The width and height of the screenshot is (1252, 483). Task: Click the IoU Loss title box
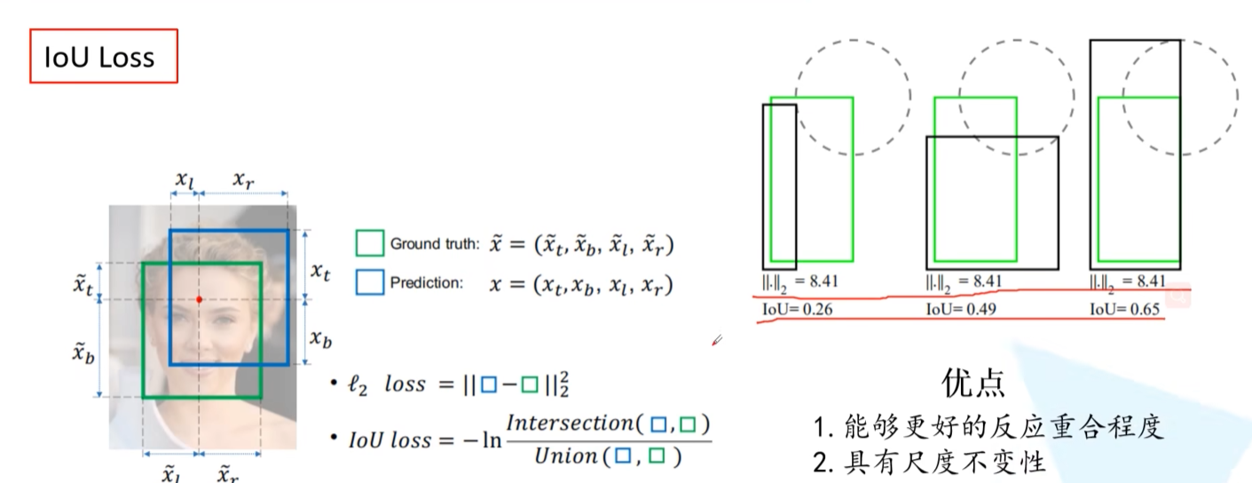click(x=104, y=57)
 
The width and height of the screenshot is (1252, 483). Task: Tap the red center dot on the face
click(x=199, y=299)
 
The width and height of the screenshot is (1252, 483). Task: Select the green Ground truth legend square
click(x=369, y=243)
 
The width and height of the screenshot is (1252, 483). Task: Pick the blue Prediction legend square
click(x=369, y=282)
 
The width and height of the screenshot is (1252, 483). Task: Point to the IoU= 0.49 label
click(x=964, y=310)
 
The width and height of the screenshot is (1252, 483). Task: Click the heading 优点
click(x=973, y=383)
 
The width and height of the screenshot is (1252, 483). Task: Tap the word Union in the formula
click(x=565, y=456)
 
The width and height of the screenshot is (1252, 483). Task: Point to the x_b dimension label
click(x=319, y=337)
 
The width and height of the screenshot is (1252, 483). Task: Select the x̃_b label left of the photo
click(x=83, y=352)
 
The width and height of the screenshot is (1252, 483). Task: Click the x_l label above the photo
click(x=184, y=180)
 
